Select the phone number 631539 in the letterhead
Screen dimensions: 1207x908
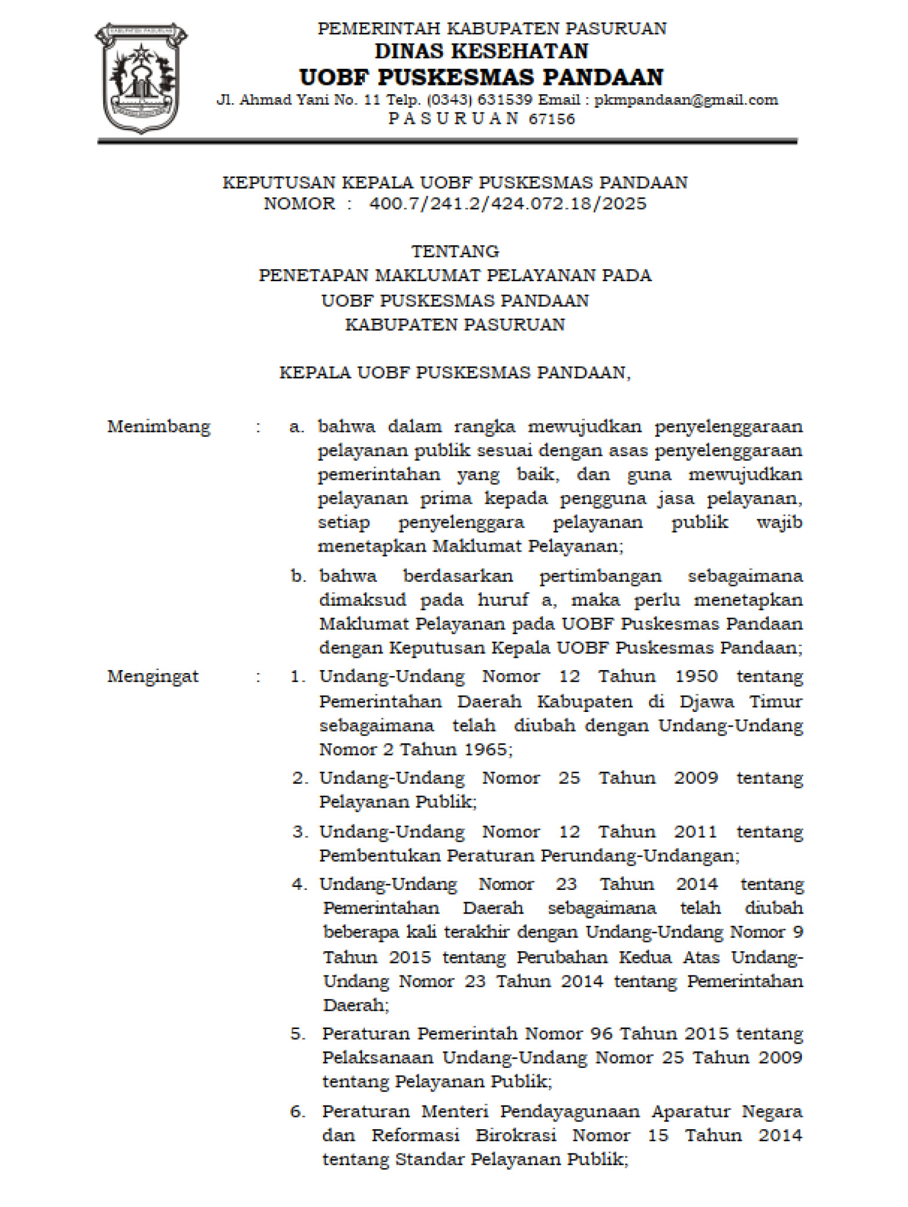505,100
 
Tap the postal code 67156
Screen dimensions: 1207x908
552,119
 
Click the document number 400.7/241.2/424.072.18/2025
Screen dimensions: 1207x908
508,204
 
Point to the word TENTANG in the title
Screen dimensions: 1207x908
455,252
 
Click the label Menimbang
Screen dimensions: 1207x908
159,426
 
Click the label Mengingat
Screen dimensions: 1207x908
153,677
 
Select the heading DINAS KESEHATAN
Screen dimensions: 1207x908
482,51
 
